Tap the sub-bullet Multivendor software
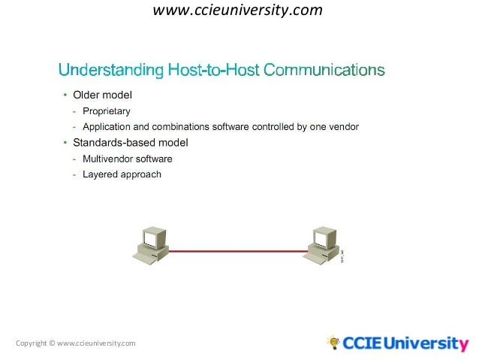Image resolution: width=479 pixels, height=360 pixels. [127, 159]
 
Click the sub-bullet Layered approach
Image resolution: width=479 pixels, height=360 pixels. [122, 174]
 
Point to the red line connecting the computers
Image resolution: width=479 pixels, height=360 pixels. [237, 252]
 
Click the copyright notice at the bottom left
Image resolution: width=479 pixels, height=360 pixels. [75, 343]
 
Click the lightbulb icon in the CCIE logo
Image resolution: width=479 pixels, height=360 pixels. [333, 343]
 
